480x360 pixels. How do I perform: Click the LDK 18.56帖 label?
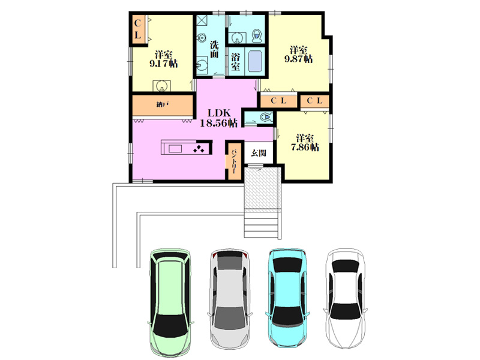(x=218, y=118)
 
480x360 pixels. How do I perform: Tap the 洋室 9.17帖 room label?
(x=163, y=59)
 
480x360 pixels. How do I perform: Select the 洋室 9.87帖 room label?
(x=298, y=54)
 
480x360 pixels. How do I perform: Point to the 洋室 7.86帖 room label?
(x=305, y=143)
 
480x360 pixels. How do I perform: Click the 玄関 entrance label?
(x=259, y=153)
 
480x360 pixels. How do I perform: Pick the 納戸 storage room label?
(x=163, y=104)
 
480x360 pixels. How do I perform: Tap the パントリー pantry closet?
(x=234, y=161)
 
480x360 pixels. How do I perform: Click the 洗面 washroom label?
(x=214, y=49)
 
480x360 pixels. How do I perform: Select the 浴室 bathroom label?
(x=235, y=62)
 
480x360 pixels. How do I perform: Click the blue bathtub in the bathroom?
(x=256, y=62)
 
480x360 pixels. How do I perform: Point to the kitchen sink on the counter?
(x=175, y=149)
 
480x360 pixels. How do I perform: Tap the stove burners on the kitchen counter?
(x=199, y=148)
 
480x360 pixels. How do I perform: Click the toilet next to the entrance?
(x=266, y=117)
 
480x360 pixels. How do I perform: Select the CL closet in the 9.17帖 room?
(x=138, y=29)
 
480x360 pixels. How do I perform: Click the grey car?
(x=230, y=299)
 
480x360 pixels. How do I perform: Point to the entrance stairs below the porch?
(x=262, y=224)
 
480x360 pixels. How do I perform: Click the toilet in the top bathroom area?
(x=257, y=36)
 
